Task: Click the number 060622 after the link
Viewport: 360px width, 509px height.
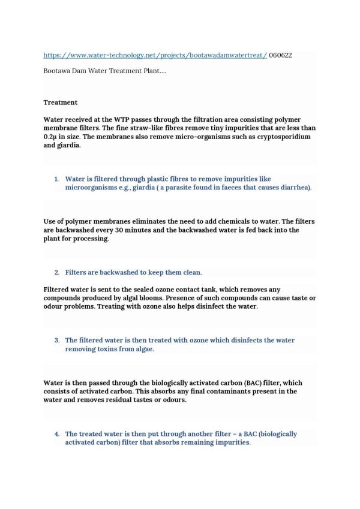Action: (283, 55)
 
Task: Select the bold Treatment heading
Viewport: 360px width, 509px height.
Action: (60, 103)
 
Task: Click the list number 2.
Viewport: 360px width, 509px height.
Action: (56, 272)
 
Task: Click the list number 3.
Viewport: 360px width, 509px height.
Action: (56, 340)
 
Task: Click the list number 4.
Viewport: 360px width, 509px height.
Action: (56, 433)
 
